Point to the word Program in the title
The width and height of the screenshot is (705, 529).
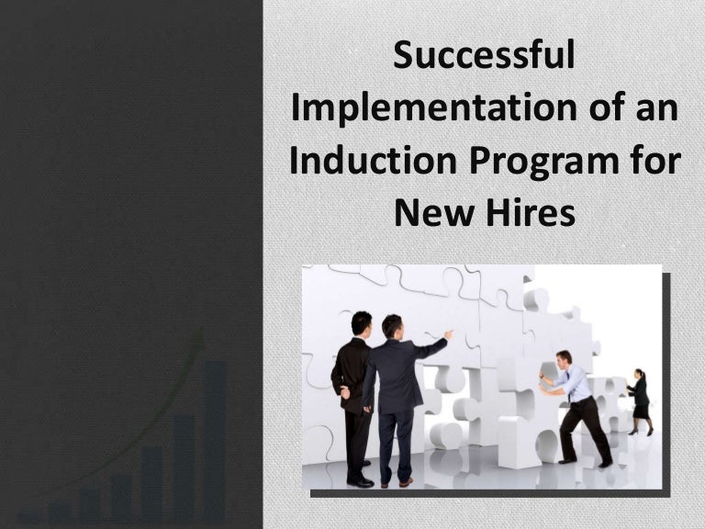(537, 163)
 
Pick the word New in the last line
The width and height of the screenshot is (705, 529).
(429, 213)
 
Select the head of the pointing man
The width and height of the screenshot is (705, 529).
(392, 326)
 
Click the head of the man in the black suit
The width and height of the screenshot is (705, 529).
(362, 323)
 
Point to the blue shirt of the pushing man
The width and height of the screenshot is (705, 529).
(576, 384)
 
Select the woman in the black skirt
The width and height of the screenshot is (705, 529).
(639, 400)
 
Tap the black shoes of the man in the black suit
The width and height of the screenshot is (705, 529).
(361, 479)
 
